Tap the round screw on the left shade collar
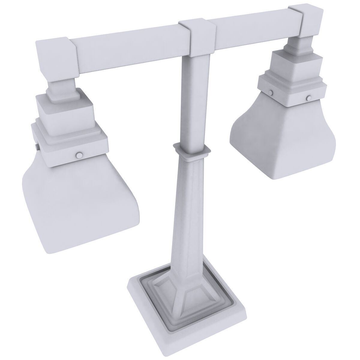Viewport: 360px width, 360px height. click(x=79, y=155)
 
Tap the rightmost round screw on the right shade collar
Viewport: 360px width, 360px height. click(x=308, y=98)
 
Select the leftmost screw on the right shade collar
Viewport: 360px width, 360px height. click(x=271, y=92)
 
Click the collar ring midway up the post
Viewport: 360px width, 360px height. click(x=191, y=149)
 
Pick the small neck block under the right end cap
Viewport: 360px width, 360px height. click(x=300, y=45)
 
